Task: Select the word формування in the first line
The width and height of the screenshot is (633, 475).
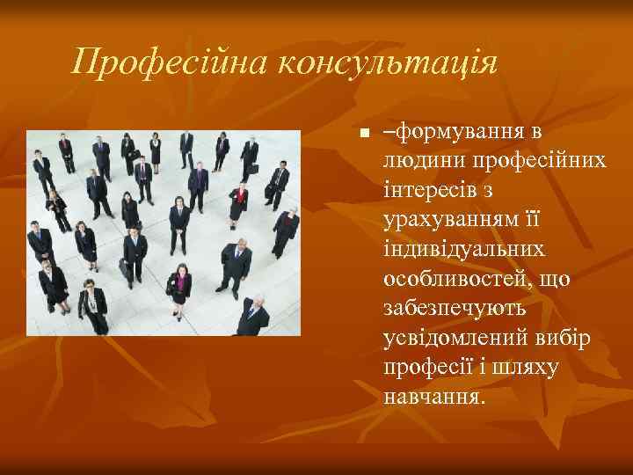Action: pos(456,133)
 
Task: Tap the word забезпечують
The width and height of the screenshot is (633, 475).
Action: pos(454,307)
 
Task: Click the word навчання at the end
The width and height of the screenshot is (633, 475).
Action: pos(433,394)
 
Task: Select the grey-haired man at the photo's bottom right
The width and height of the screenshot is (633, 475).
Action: pos(252,315)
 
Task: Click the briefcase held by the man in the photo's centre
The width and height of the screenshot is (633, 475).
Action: pos(126,269)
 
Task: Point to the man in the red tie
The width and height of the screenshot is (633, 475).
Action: pos(198,180)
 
